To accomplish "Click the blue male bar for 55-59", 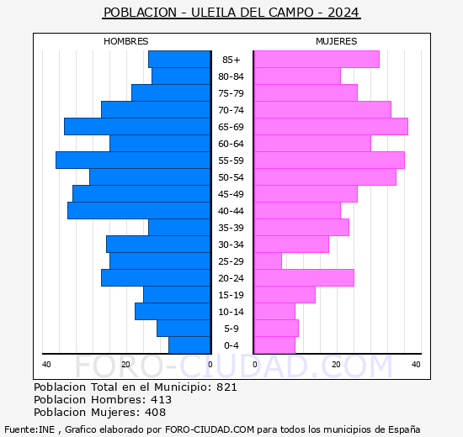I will [x=133, y=160].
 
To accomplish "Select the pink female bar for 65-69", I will [x=330, y=126].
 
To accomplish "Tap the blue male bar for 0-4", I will [x=189, y=345].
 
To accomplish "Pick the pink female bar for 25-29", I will [x=268, y=261].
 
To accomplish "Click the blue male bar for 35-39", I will [x=179, y=227].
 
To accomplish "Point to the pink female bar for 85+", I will [x=316, y=59].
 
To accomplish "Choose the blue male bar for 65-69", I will [x=137, y=126].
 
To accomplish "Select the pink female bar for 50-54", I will [x=324, y=176].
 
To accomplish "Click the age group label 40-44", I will [x=231, y=211].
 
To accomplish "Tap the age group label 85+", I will [x=231, y=60].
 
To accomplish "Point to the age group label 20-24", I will [x=231, y=278].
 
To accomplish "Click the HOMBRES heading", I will [x=126, y=41].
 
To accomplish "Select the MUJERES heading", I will [x=337, y=41].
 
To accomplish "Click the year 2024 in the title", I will [x=343, y=13].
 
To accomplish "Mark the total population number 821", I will [x=226, y=387].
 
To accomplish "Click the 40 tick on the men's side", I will [x=46, y=364].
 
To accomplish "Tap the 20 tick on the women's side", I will [x=336, y=364].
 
